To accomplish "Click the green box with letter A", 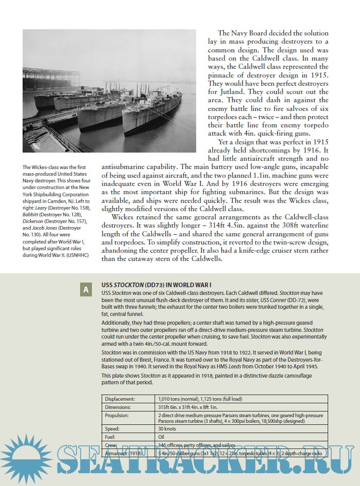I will [x=85, y=290].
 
